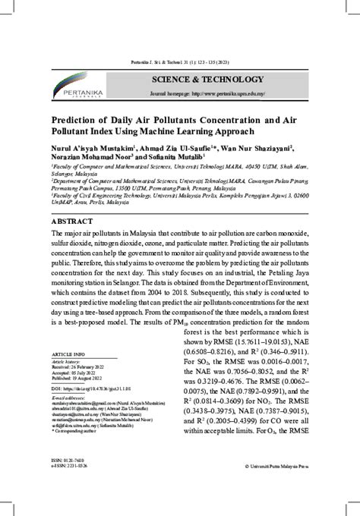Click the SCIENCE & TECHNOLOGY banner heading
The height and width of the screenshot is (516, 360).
[196, 80]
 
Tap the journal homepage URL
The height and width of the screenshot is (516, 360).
[229, 94]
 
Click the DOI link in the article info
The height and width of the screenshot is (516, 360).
[87, 389]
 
